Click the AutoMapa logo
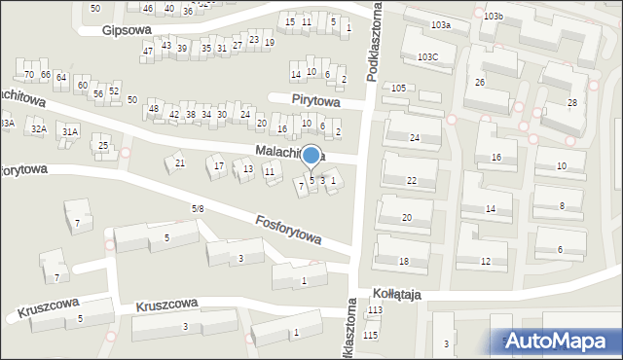[x=556, y=341]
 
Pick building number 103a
[x=441, y=24]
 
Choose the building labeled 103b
[x=494, y=17]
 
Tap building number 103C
[x=428, y=57]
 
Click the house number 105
[x=398, y=89]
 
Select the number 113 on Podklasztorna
[x=374, y=310]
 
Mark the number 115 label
[x=370, y=335]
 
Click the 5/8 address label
[x=198, y=208]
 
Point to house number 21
[x=180, y=162]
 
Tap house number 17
[x=219, y=166]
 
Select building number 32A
[x=38, y=128]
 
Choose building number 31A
[x=69, y=131]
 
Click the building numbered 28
[x=572, y=102]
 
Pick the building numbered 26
[x=479, y=82]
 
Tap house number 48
[x=154, y=108]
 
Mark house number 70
[x=29, y=74]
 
